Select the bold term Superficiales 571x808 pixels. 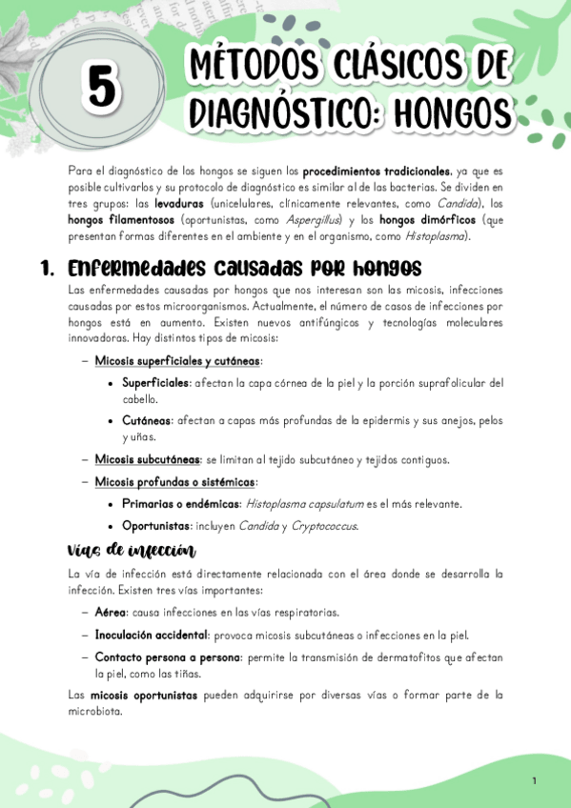pos(154,383)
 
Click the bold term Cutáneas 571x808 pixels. pos(148,420)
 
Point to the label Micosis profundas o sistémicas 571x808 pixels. pos(174,482)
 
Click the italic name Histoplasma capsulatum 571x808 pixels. pos(307,503)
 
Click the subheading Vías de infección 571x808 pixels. pos(132,551)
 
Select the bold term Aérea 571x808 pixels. pos(111,612)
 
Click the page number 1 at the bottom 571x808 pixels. pos(535,781)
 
